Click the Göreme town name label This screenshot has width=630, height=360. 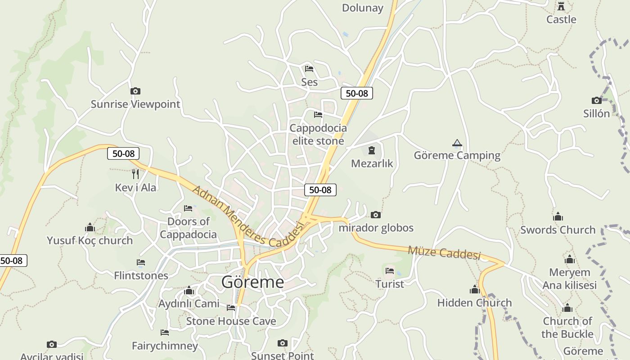(252, 282)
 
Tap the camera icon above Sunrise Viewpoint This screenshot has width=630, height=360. (135, 91)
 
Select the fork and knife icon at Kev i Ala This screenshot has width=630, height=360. (135, 174)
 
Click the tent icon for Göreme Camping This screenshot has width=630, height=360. (457, 143)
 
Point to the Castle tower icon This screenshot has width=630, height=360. (561, 7)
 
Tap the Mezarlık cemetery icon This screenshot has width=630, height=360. (372, 150)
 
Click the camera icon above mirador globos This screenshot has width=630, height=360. (376, 215)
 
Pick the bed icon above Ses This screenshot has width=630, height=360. (309, 69)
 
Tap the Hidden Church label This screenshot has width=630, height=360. (474, 303)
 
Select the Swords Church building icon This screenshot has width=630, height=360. (558, 217)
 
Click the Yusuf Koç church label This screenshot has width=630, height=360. (90, 241)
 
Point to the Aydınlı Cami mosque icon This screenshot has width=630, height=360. (189, 291)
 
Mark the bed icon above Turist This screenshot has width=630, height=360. (390, 271)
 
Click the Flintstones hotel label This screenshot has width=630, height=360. (141, 275)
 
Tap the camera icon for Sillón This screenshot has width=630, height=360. (597, 100)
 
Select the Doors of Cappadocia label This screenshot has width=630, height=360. (189, 228)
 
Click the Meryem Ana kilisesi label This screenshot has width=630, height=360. (569, 279)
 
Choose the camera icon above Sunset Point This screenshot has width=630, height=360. (282, 343)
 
